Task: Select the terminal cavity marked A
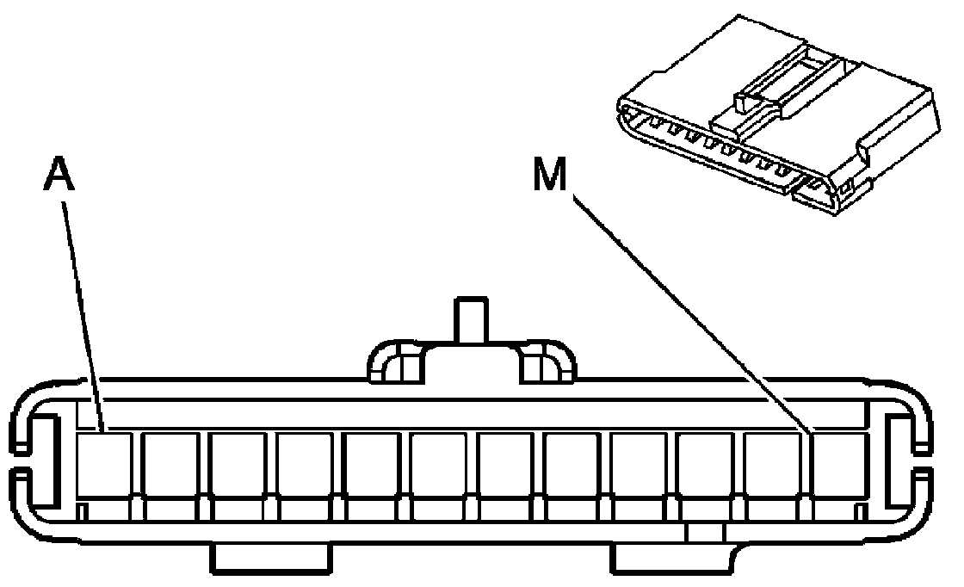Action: coord(103,465)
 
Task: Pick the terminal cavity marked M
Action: coord(839,465)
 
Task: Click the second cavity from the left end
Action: coord(170,465)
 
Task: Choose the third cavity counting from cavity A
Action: coord(237,465)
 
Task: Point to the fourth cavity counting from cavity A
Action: coord(304,465)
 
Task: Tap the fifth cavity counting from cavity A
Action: coord(371,465)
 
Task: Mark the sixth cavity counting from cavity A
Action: coord(438,465)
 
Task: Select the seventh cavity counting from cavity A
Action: coord(505,465)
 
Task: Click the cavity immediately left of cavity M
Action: coord(773,465)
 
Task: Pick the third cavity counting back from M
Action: coord(706,465)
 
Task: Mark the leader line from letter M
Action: coord(689,310)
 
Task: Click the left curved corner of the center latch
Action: coord(392,361)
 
